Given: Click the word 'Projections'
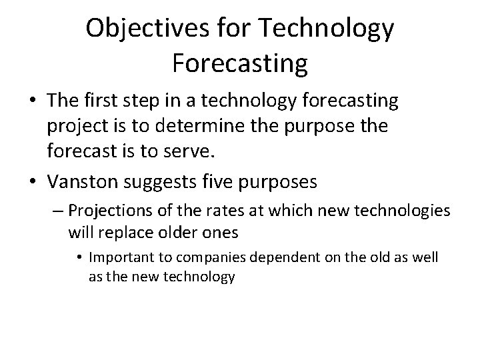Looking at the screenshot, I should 106,211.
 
